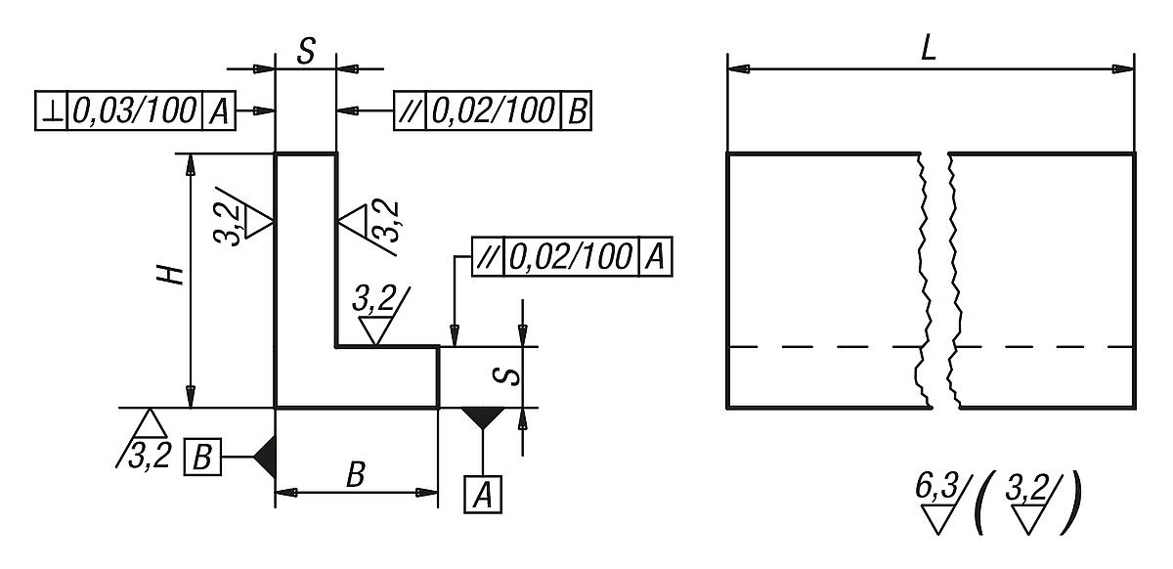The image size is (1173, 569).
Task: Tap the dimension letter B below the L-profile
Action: (356, 476)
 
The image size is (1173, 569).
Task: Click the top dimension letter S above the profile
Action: (306, 52)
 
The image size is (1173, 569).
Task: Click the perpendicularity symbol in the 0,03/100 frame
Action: (52, 111)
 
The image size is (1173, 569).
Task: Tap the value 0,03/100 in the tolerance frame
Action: (134, 111)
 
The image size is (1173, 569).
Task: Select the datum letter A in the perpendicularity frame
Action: (217, 111)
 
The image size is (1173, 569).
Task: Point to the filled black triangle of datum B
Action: (264, 456)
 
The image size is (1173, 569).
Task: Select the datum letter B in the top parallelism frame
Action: (577, 111)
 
